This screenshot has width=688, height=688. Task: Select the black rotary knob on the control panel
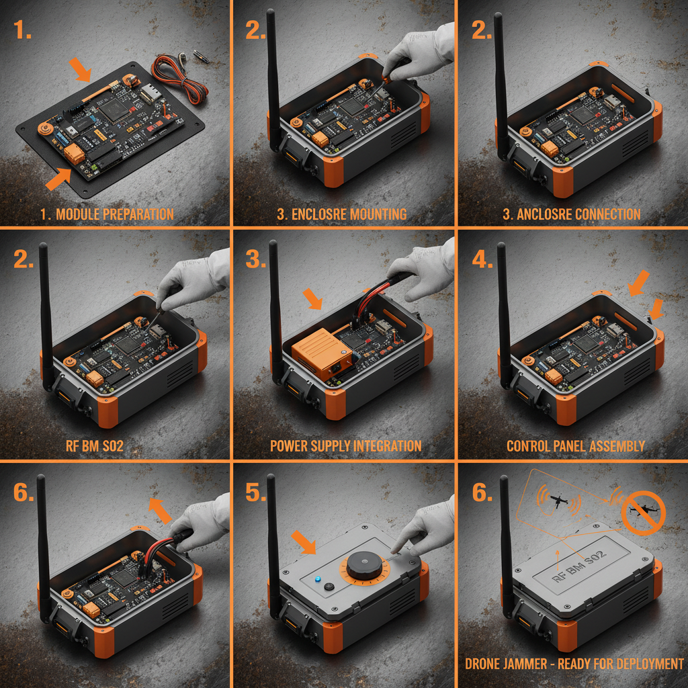coord(365,565)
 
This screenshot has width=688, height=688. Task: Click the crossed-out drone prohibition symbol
coord(643,513)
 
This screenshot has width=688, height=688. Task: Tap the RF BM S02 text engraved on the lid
coord(578,566)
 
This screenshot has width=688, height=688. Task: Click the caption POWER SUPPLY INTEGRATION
coord(346,446)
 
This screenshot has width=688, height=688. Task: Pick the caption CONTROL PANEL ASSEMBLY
coord(576,446)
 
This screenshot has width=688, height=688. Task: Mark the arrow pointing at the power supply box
coord(312,298)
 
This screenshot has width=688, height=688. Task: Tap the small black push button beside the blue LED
coord(329,586)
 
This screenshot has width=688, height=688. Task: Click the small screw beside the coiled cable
coord(201,58)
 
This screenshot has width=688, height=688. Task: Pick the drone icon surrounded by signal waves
coord(558,500)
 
